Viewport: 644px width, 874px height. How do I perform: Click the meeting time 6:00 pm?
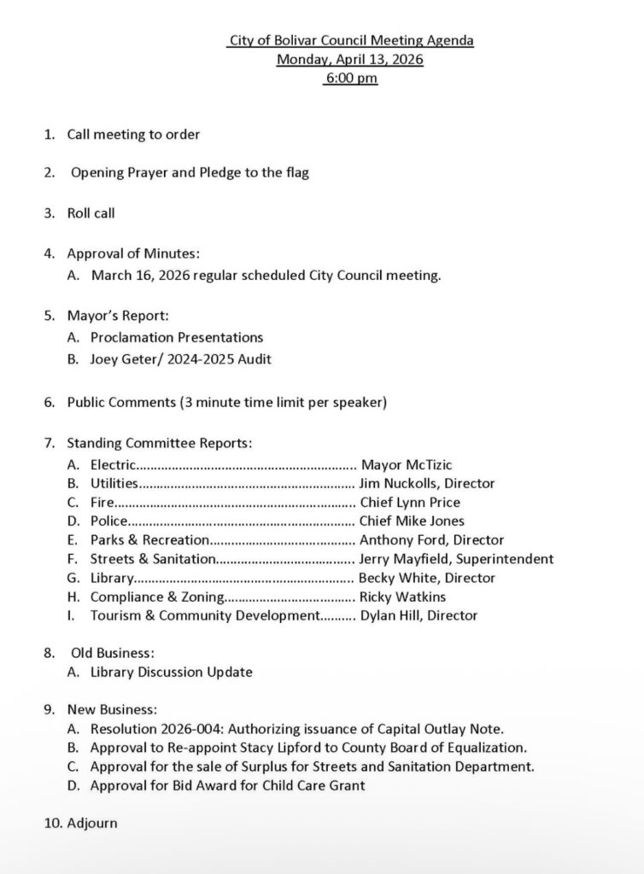(350, 79)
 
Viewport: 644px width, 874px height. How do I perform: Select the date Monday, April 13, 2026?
(350, 60)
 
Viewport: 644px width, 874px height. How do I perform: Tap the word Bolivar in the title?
(296, 40)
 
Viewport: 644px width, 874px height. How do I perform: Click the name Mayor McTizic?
(407, 464)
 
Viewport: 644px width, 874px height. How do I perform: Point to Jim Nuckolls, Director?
(427, 483)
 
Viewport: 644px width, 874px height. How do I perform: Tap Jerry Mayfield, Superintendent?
(456, 559)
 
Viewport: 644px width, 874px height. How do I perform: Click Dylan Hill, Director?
(419, 615)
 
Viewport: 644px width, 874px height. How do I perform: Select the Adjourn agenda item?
(92, 824)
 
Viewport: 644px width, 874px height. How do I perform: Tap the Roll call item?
(91, 213)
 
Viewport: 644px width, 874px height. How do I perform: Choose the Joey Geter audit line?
(181, 359)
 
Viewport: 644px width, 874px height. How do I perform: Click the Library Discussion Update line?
(171, 672)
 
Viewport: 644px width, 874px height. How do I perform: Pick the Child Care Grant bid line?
(227, 785)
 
